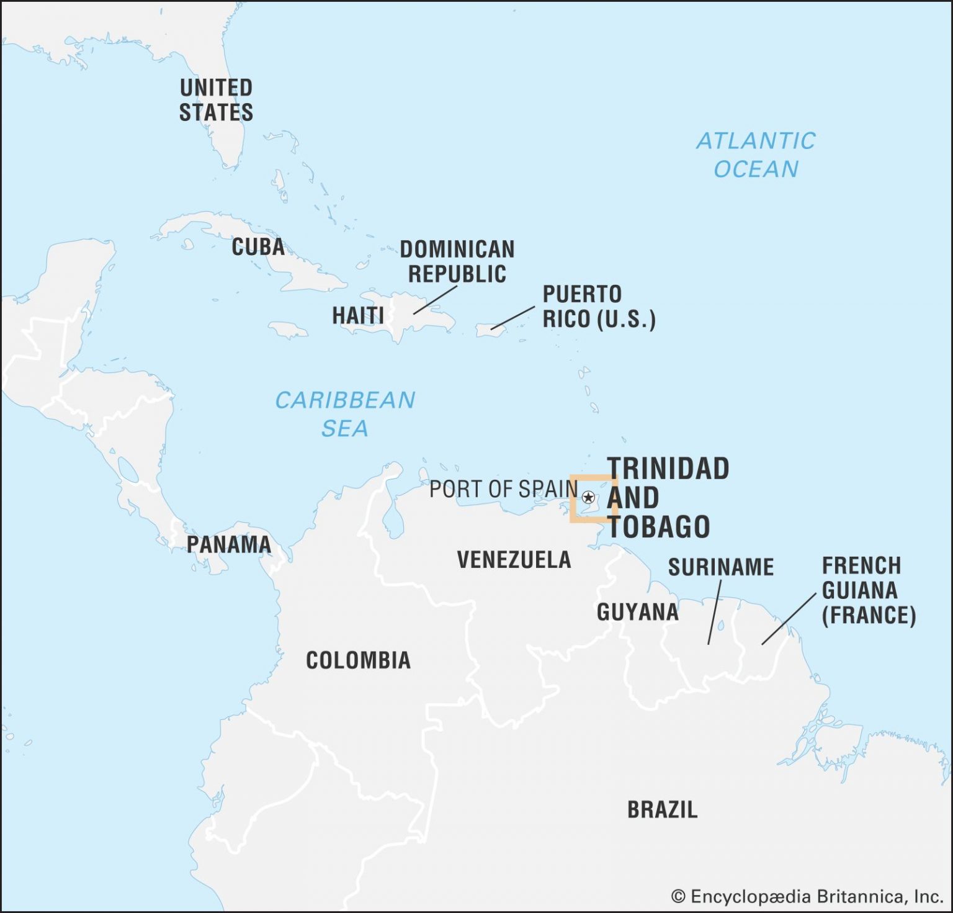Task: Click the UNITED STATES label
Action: coord(216,100)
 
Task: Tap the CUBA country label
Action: coord(258,247)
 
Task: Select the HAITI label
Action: coord(358,315)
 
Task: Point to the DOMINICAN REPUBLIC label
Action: coord(457,261)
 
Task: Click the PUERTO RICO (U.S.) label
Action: coord(599,307)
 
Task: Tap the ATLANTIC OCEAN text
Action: coord(756,155)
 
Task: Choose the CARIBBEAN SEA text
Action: coord(345,413)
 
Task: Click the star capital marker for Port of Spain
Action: coord(589,497)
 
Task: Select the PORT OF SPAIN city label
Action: coord(503,489)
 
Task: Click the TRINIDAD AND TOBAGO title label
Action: coord(668,498)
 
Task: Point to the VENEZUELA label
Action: coord(514,560)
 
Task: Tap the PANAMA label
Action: coord(229,544)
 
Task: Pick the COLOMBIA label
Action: coord(358,660)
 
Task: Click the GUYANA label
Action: coord(637,612)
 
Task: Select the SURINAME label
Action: coord(720,567)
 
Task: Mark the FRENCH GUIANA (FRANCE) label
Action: coord(868,590)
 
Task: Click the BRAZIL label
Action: coord(662,809)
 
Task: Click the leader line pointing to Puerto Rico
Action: coord(512,317)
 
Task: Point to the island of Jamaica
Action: coord(288,329)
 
